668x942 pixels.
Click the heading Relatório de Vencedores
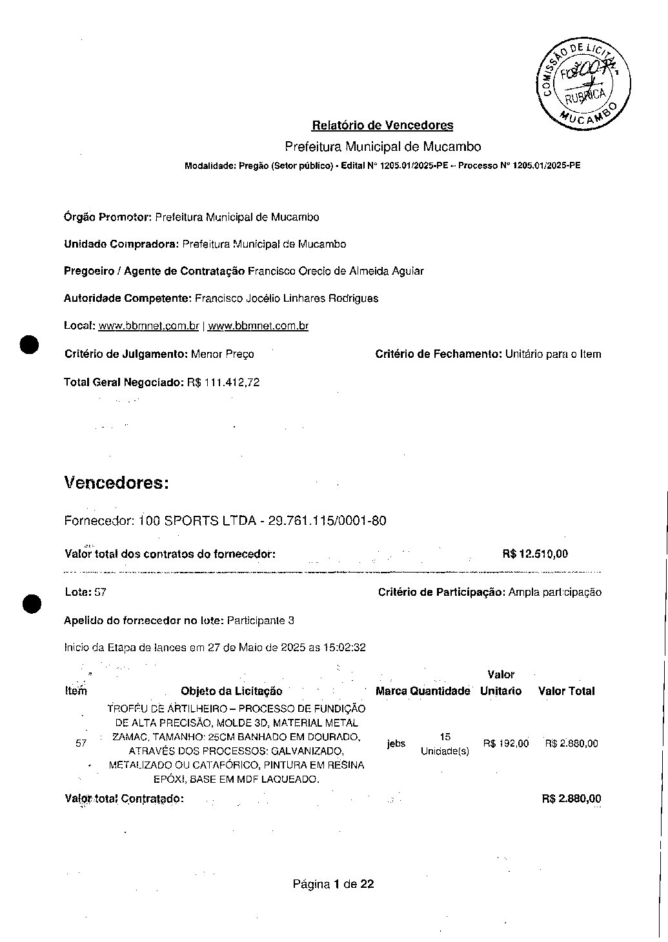pyautogui.click(x=382, y=125)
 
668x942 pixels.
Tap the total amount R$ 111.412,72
pyautogui.click(x=223, y=382)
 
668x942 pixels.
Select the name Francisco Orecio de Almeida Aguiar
pyautogui.click(x=336, y=271)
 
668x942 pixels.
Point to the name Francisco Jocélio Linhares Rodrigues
pyautogui.click(x=286, y=299)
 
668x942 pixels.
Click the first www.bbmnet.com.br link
pyautogui.click(x=148, y=326)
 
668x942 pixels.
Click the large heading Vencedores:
pyautogui.click(x=116, y=483)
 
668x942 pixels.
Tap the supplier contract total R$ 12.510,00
pyautogui.click(x=534, y=554)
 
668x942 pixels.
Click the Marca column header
pyautogui.click(x=390, y=691)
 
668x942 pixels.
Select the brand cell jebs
pyautogui.click(x=396, y=743)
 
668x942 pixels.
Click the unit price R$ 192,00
pyautogui.click(x=505, y=743)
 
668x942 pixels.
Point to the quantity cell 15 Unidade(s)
pyautogui.click(x=445, y=743)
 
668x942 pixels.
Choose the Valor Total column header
pyautogui.click(x=566, y=691)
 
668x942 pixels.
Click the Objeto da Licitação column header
pyautogui.click(x=231, y=691)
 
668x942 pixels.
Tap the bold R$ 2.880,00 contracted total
pyautogui.click(x=571, y=799)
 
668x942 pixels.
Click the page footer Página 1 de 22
pyautogui.click(x=333, y=884)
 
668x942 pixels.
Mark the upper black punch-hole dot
pyautogui.click(x=30, y=345)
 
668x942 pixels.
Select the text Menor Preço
pyautogui.click(x=222, y=354)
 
